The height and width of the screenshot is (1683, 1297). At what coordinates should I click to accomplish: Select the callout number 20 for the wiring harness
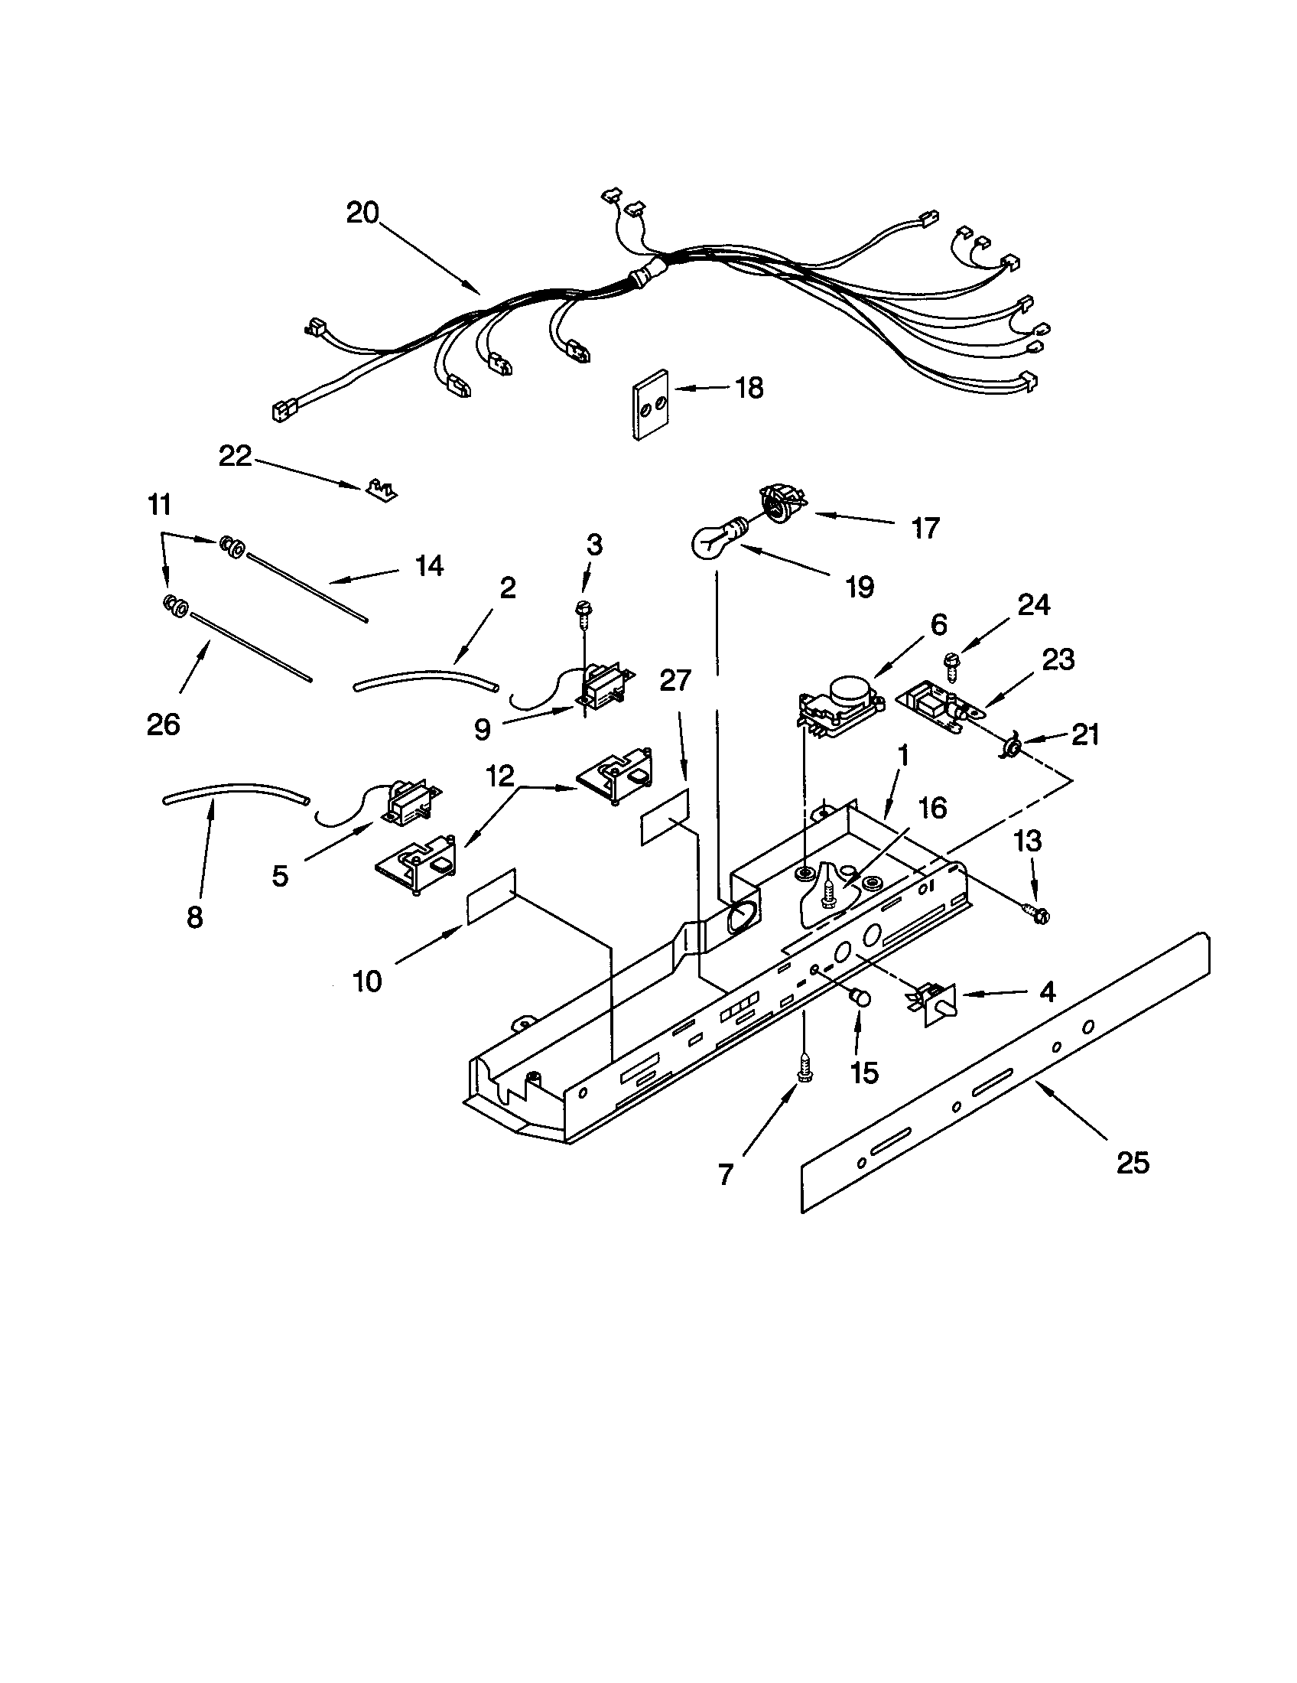362,212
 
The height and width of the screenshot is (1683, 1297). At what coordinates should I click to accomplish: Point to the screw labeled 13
1037,914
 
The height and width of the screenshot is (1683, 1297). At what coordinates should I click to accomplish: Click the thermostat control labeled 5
408,804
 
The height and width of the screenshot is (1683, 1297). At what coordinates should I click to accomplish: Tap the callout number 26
164,724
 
